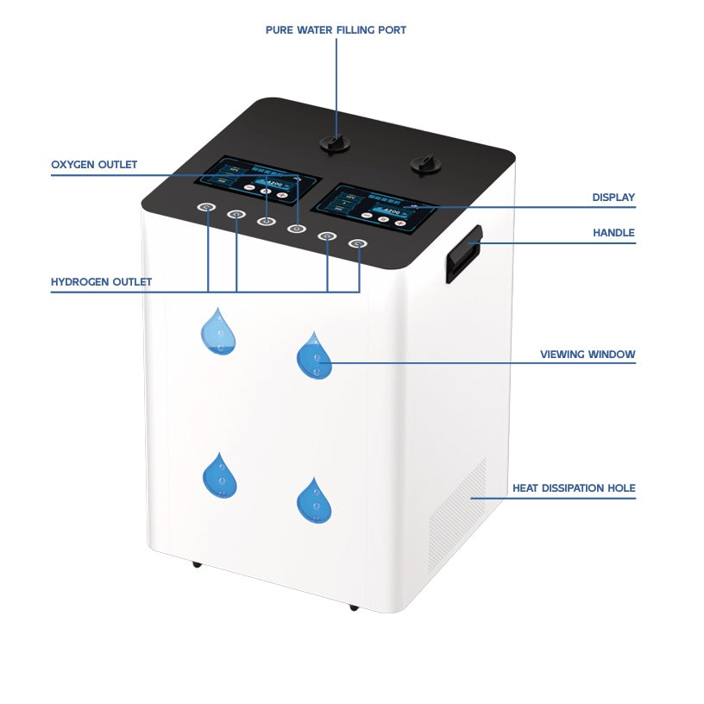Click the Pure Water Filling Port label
[336, 30]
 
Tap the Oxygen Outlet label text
[94, 165]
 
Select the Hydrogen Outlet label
[101, 282]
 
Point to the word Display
[613, 198]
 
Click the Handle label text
[613, 233]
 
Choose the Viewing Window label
[588, 355]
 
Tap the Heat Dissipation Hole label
[574, 488]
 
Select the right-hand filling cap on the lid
[424, 163]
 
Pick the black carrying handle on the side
[462, 254]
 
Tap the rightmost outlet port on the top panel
[357, 244]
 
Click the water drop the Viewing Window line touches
[314, 356]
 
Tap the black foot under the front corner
[353, 607]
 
